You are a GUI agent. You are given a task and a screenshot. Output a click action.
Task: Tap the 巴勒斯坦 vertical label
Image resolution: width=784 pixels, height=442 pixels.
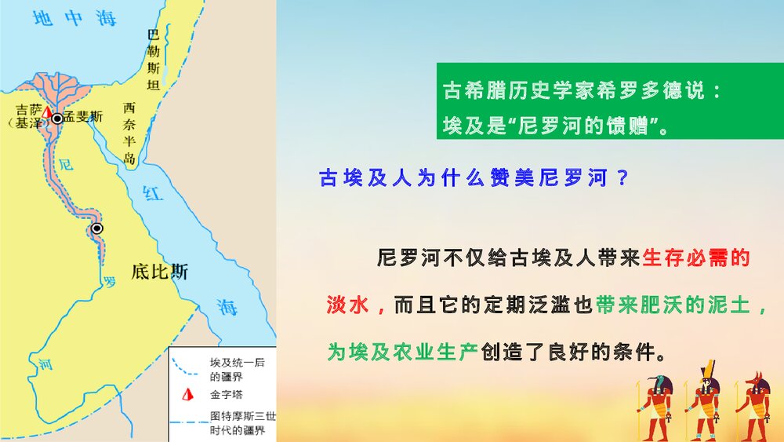click(154, 60)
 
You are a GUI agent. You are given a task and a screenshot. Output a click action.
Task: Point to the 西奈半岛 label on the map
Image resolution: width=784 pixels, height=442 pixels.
click(130, 133)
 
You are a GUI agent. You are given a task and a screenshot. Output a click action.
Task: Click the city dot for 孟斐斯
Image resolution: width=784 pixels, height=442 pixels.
click(57, 118)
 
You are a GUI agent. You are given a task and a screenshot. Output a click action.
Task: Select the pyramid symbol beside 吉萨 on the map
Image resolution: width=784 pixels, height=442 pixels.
click(46, 114)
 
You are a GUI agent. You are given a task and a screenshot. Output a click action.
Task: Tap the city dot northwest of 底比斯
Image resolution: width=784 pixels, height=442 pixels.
click(97, 228)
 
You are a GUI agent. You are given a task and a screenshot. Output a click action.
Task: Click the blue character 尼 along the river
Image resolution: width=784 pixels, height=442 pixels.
click(67, 164)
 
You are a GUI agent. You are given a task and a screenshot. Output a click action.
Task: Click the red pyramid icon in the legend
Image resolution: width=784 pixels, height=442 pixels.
click(186, 395)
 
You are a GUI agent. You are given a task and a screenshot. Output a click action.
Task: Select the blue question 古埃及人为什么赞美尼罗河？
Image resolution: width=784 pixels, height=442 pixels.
click(474, 177)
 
